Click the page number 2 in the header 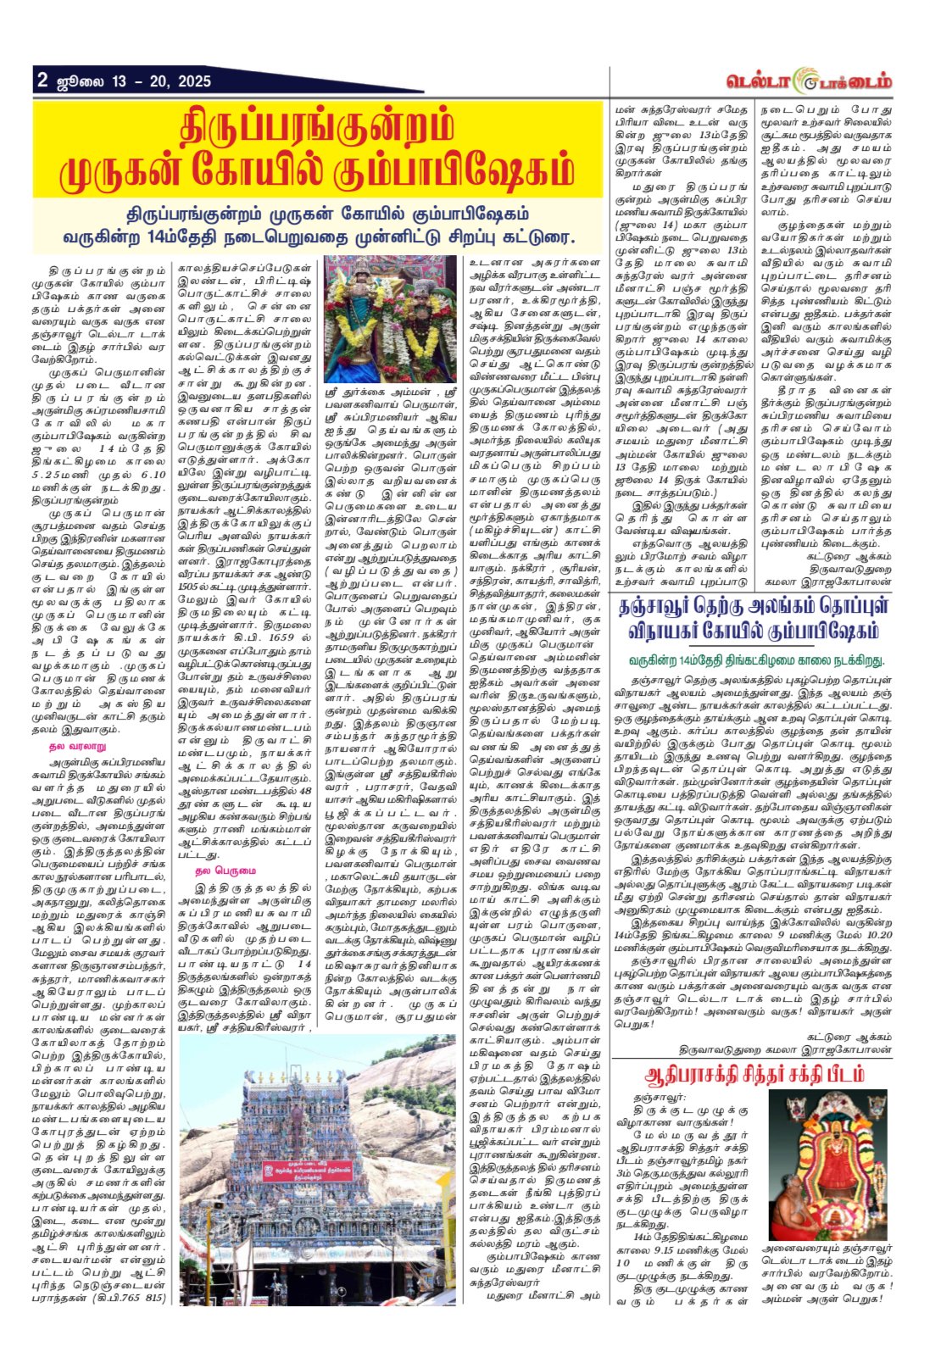coord(42,81)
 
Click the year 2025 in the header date coord(193,81)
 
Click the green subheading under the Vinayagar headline coord(756,659)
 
